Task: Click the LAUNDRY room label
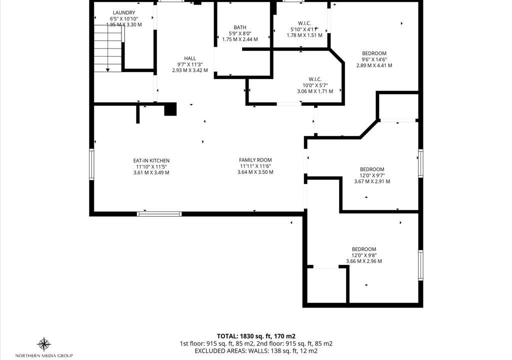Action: tap(124, 12)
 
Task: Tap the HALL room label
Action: tap(189, 58)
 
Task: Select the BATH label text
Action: tap(240, 27)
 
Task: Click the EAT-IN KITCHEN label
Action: tap(151, 160)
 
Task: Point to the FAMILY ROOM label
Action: tap(255, 160)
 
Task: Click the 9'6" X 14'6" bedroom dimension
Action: tap(374, 59)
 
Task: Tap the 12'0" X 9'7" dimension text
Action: tap(372, 175)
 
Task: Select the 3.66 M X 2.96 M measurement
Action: tap(364, 261)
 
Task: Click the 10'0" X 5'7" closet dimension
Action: tap(315, 85)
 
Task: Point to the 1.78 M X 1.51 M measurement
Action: tap(304, 35)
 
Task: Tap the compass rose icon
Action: tap(44, 344)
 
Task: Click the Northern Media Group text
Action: tap(44, 355)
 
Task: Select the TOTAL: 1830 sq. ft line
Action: tap(256, 336)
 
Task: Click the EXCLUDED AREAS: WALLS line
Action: tap(256, 351)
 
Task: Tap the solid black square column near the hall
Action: tap(170, 109)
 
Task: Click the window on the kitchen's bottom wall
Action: tap(159, 214)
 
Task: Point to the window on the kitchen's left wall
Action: tap(92, 164)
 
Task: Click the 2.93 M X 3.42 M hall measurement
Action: tap(189, 70)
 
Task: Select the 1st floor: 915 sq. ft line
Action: tap(256, 343)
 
